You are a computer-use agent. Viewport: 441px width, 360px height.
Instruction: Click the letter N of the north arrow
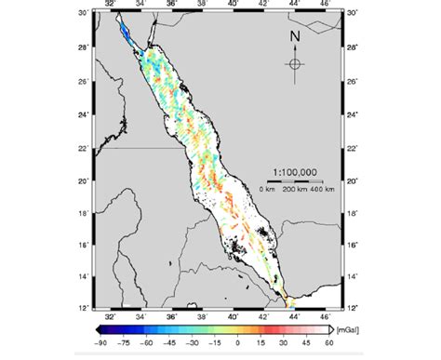pyautogui.click(x=294, y=38)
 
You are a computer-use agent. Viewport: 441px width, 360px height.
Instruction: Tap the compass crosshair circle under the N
pyautogui.click(x=294, y=63)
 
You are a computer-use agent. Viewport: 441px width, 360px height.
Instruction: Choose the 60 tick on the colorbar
pyautogui.click(x=329, y=341)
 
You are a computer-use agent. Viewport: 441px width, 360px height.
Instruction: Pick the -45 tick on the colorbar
pyautogui.click(x=172, y=341)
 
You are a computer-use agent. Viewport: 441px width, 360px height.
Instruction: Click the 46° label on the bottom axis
pyautogui.click(x=327, y=315)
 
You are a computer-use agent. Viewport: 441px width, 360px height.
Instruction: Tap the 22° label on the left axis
pyautogui.click(x=84, y=148)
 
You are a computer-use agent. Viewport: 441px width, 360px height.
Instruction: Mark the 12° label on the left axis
pyautogui.click(x=84, y=308)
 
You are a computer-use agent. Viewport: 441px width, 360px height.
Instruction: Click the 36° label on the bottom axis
pyautogui.click(x=172, y=315)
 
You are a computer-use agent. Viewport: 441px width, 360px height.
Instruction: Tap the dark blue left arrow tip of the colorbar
pyautogui.click(x=98, y=328)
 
